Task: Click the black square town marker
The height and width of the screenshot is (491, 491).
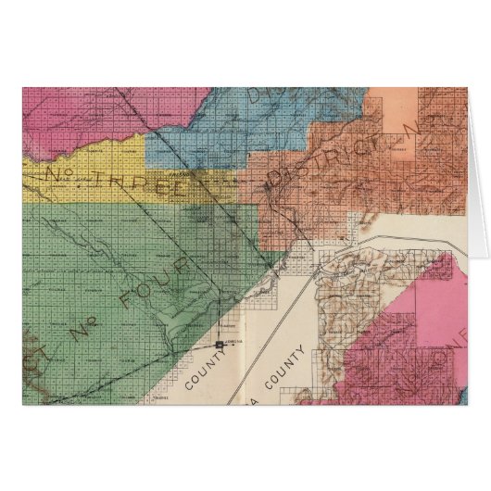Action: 220,345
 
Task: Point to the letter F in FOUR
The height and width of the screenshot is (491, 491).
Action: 135,295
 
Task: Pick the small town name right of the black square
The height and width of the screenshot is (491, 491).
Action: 235,342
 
